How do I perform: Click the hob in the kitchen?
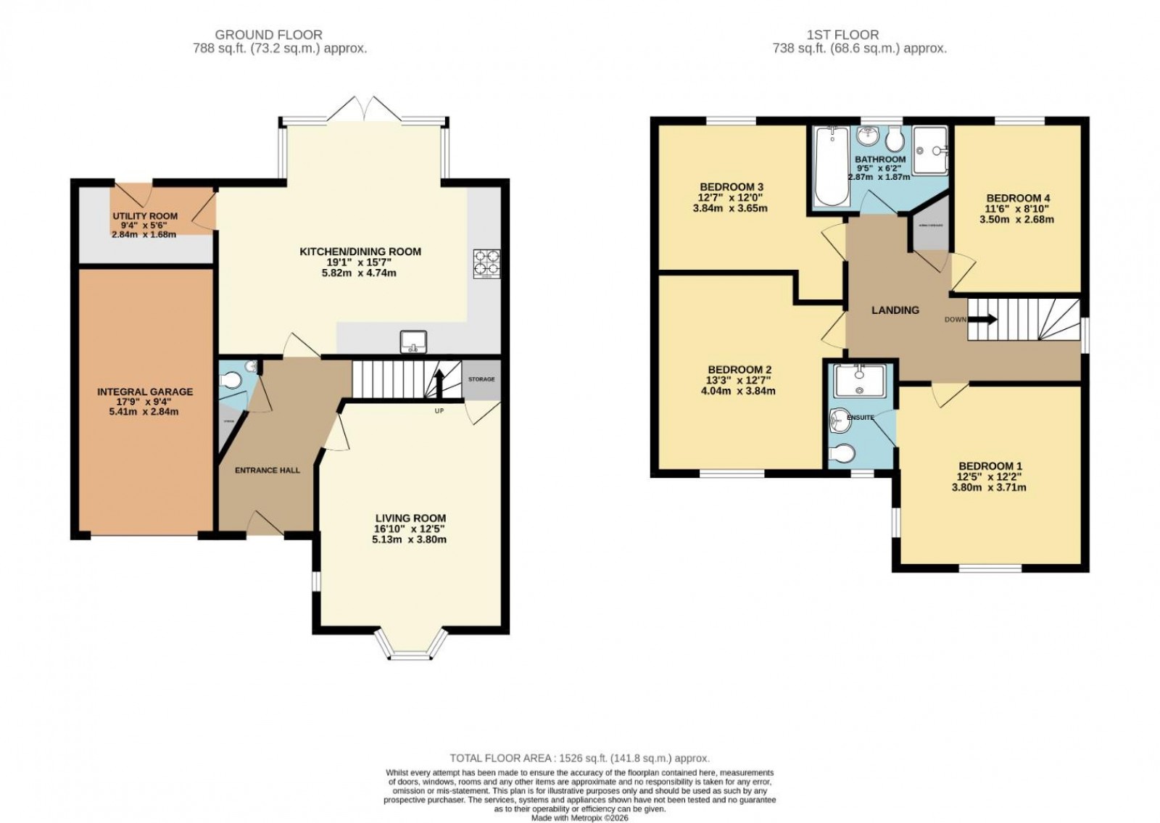click(x=486, y=264)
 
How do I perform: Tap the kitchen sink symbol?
click(x=413, y=341)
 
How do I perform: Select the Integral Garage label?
click(x=145, y=392)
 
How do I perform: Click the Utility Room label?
click(x=145, y=216)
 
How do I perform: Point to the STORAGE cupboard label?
click(x=481, y=379)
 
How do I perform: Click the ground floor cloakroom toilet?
click(x=232, y=379)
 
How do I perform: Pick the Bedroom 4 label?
click(x=1018, y=198)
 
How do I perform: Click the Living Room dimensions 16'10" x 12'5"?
click(x=410, y=529)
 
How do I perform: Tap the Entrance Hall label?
click(x=267, y=470)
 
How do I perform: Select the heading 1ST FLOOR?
click(x=842, y=34)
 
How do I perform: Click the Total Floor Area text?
click(x=579, y=758)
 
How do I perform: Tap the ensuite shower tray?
click(x=859, y=381)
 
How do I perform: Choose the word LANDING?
click(x=895, y=310)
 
